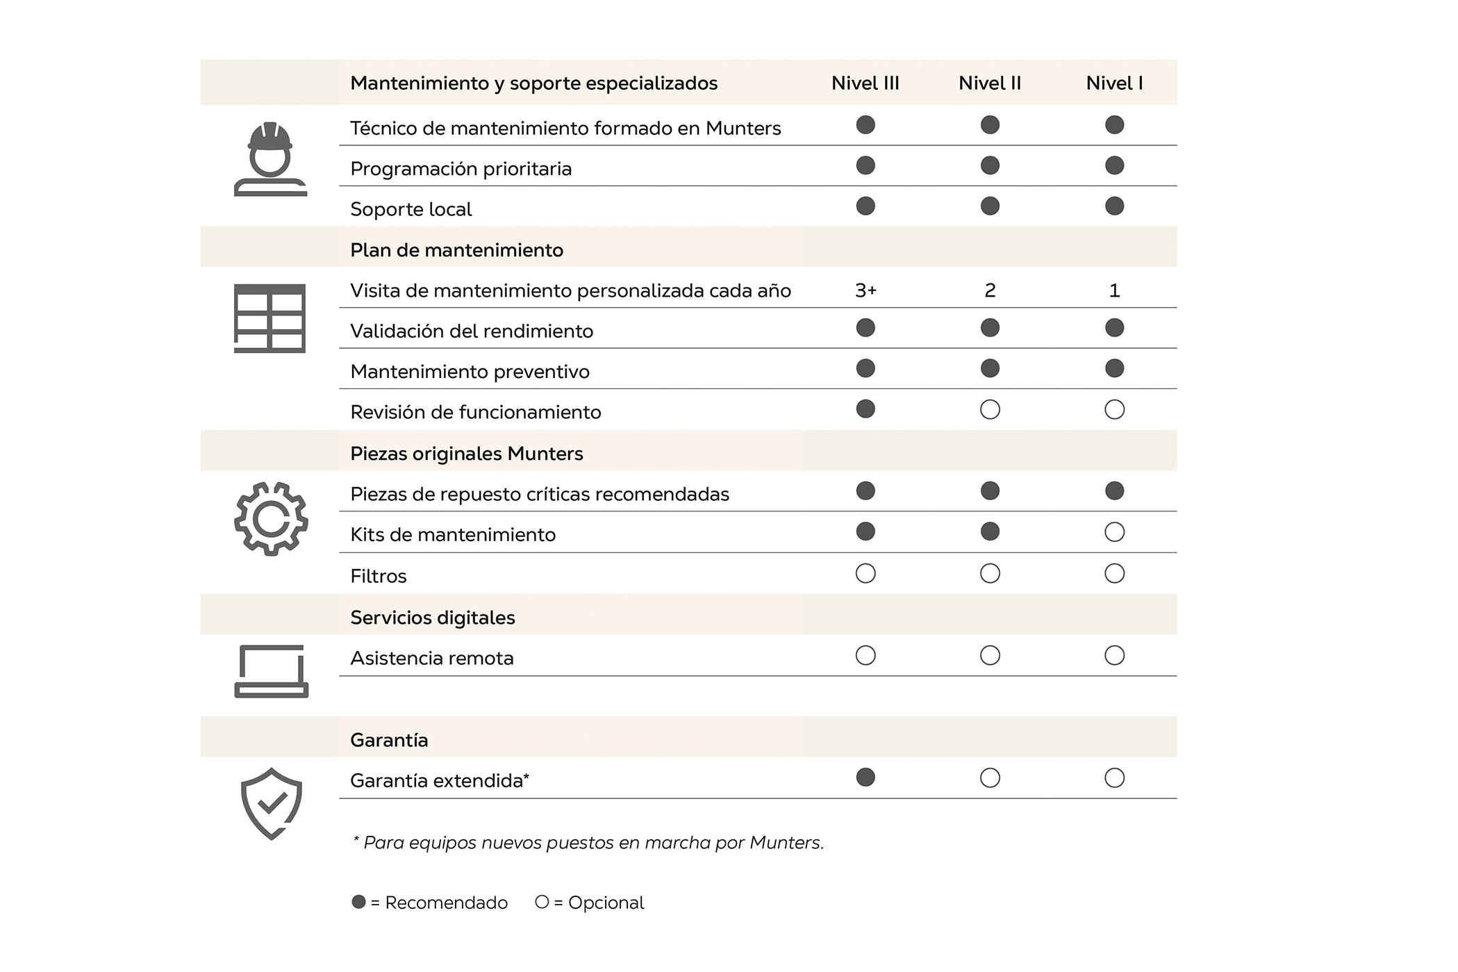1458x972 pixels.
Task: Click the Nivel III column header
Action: [865, 83]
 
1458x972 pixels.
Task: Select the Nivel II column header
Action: [989, 83]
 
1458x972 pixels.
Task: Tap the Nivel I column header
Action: [1114, 83]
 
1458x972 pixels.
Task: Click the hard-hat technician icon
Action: [270, 159]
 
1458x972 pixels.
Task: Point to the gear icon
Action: [271, 518]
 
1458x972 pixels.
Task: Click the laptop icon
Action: [271, 670]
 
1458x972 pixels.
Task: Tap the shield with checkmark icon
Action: [271, 804]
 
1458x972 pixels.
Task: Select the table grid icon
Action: [270, 318]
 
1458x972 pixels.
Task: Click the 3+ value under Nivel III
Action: [865, 290]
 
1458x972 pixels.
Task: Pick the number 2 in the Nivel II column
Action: [990, 290]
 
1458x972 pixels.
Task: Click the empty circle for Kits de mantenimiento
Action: [1114, 532]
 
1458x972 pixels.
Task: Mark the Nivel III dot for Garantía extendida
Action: [865, 777]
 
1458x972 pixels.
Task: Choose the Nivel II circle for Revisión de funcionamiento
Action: [990, 410]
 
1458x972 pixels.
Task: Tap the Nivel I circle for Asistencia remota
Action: [1114, 656]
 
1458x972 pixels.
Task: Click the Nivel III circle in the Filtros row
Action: [865, 574]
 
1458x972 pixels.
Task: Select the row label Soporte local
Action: [411, 209]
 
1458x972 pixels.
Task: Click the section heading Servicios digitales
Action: [432, 618]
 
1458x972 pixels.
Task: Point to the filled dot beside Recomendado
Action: [358, 902]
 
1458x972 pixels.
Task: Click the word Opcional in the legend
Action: [606, 903]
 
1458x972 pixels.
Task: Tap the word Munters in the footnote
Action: [786, 843]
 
